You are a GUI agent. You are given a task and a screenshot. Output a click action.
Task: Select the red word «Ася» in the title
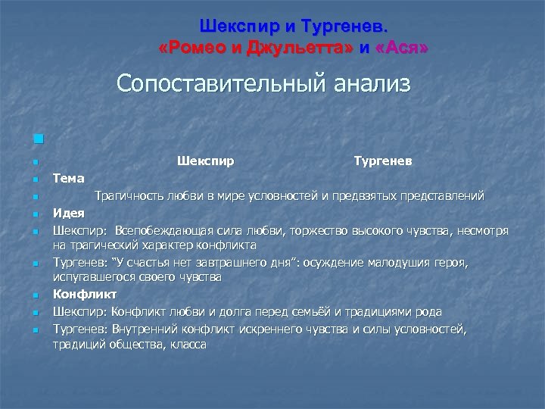pyautogui.click(x=402, y=48)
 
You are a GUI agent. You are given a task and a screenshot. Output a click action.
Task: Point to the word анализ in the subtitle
pyautogui.click(x=366, y=83)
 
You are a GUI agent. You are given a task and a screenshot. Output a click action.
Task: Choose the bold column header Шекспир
pyautogui.click(x=205, y=161)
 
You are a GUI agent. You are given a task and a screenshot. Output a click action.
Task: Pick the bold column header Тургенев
pyautogui.click(x=383, y=161)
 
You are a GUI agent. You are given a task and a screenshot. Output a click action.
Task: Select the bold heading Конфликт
pyautogui.click(x=85, y=295)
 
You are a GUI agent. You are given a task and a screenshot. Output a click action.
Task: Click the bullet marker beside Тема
pyautogui.click(x=36, y=180)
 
